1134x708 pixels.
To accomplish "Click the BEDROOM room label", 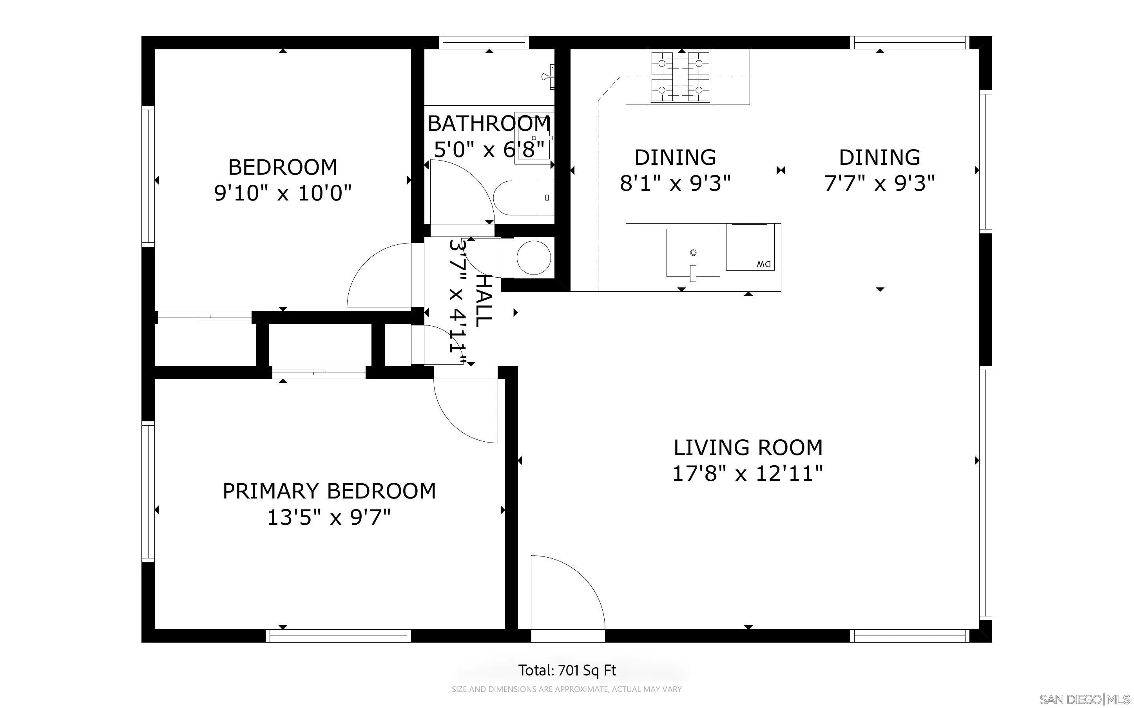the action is point(283,167).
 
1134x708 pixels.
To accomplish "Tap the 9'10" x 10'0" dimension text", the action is point(283,192).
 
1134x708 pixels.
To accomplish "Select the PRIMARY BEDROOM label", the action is point(329,491).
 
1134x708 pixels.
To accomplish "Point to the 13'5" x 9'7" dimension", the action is point(329,517).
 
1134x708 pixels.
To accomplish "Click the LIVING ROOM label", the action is point(748,448).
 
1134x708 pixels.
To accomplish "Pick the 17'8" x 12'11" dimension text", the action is point(748,473).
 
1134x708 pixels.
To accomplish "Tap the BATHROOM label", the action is point(489,124).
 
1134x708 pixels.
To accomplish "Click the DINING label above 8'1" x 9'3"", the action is point(675,157).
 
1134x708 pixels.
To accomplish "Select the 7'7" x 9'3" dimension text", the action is point(879,183).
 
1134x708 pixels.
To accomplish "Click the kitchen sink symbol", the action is point(693,254).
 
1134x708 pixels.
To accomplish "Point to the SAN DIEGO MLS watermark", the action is point(1085,699).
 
